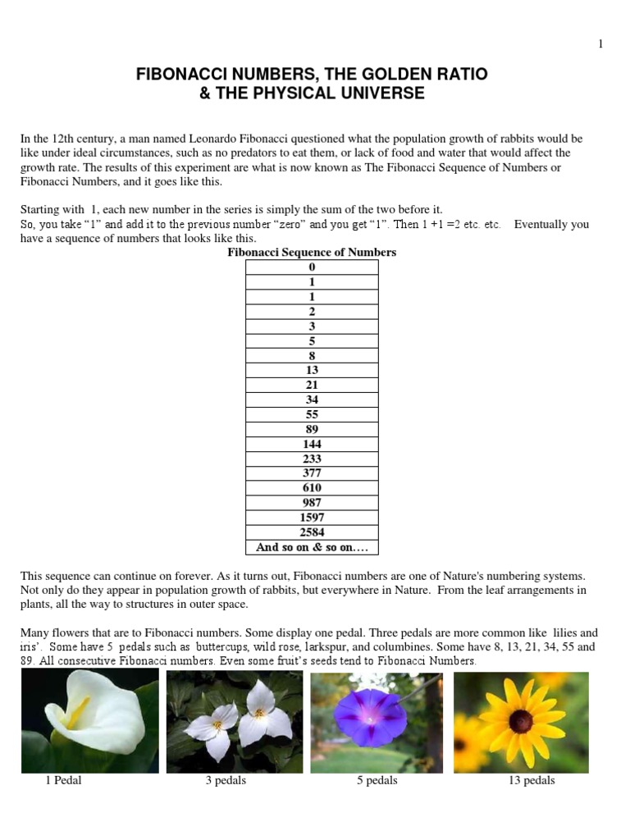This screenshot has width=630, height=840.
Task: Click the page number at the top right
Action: (x=600, y=44)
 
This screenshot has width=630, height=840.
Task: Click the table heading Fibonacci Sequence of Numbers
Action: (x=312, y=253)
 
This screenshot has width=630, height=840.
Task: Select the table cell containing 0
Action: (x=312, y=267)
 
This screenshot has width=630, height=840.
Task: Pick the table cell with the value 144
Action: (x=312, y=444)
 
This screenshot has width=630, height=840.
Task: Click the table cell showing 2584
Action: (x=312, y=532)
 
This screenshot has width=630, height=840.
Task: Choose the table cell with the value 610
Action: (x=312, y=488)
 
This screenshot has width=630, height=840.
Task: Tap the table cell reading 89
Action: (x=312, y=429)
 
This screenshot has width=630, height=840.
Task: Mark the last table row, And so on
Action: (x=312, y=547)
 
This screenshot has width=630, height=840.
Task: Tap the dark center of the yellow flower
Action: (x=520, y=721)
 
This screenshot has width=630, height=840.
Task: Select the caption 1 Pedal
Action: (x=63, y=781)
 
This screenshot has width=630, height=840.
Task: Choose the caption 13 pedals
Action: (x=532, y=781)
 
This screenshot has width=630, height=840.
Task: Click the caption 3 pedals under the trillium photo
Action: (x=226, y=781)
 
